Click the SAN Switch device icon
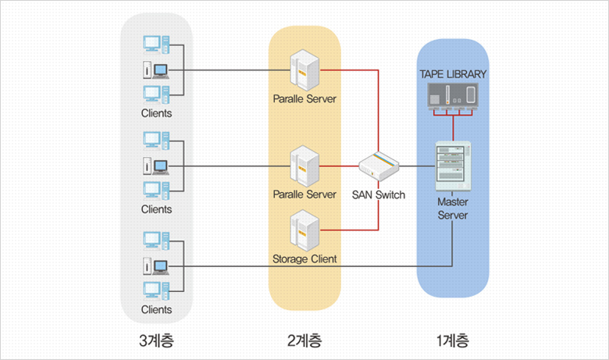tap(379, 166)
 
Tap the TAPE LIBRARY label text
tap(453, 74)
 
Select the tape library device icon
tap(453, 97)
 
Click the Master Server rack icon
tap(453, 166)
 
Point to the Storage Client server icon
tap(304, 230)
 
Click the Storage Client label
tap(304, 259)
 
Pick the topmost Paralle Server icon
tap(304, 70)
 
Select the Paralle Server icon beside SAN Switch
tap(304, 166)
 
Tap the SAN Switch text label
tap(379, 195)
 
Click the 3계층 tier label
tap(156, 340)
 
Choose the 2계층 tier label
tap(304, 340)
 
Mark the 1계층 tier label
tap(453, 340)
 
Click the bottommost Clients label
tap(156, 309)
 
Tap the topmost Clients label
tap(156, 113)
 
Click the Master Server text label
tap(453, 209)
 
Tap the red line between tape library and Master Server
tap(453, 128)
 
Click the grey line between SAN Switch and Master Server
tap(417, 166)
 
